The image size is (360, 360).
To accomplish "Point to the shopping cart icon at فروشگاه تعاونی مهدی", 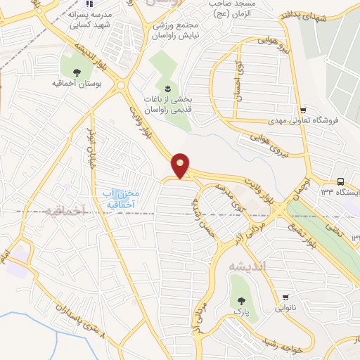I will click(x=303, y=110).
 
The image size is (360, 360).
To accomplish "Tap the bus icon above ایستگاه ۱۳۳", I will click(x=340, y=181).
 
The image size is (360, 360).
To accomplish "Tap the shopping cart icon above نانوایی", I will click(x=285, y=297).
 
